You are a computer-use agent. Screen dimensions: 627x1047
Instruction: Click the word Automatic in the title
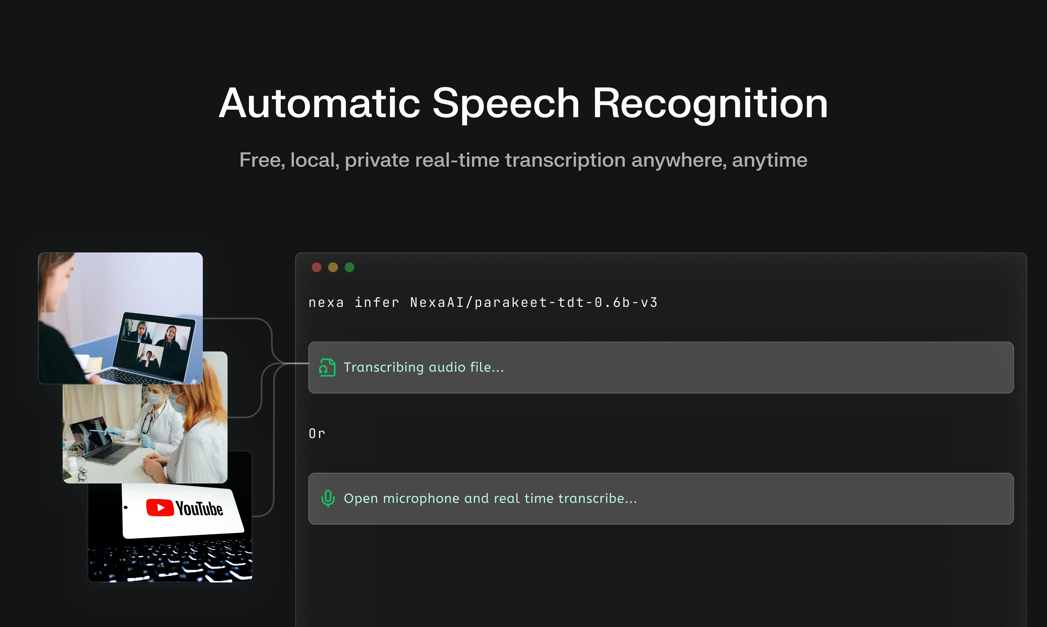[x=320, y=104]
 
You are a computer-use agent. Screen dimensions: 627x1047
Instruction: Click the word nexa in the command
[x=326, y=303]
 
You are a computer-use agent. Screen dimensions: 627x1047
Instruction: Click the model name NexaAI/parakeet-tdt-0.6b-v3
[x=534, y=303]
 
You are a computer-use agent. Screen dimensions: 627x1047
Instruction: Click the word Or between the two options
[x=317, y=434]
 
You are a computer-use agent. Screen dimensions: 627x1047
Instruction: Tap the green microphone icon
[x=328, y=499]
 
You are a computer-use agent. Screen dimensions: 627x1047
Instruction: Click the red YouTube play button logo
[x=160, y=507]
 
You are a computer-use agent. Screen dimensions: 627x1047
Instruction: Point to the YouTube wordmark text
[x=199, y=509]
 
